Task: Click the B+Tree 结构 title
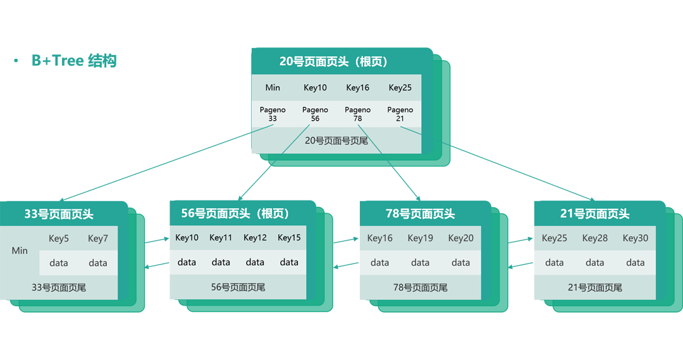(x=74, y=61)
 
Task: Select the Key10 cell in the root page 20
(x=315, y=87)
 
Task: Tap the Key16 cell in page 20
(x=357, y=87)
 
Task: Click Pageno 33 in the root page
(x=273, y=114)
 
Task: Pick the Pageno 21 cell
(x=400, y=114)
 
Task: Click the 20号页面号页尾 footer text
(x=336, y=141)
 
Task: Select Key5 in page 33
(x=59, y=239)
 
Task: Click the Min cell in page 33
(x=20, y=251)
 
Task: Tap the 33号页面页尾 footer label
(x=59, y=288)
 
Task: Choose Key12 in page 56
(x=255, y=237)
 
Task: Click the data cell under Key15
(x=289, y=263)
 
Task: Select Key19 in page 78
(x=421, y=238)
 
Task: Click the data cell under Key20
(x=461, y=263)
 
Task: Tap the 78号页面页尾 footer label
(x=421, y=288)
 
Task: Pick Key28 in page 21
(x=595, y=238)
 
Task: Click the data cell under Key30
(x=636, y=263)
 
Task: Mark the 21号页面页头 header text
(x=595, y=214)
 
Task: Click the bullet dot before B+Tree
(x=16, y=61)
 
